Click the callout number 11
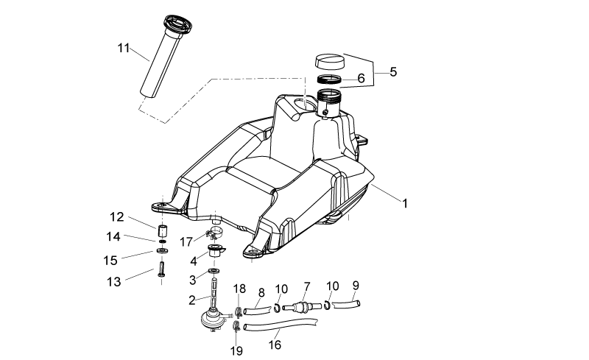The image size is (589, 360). coord(124,48)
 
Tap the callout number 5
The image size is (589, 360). coord(393,71)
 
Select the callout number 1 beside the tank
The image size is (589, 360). coord(404,203)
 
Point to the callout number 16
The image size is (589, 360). coord(275,345)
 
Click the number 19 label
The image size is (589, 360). coord(236,350)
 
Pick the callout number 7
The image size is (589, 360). coord(307,286)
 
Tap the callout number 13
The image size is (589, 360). coord(114,281)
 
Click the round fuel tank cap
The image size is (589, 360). coord(329,61)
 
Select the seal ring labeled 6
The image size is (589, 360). coord(329,80)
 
